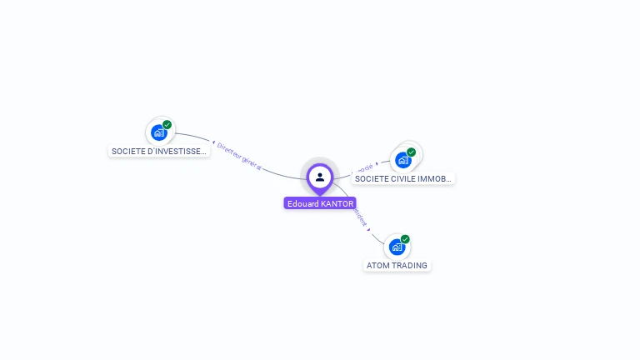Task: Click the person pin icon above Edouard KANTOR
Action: coord(320,177)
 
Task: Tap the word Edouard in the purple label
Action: coord(302,203)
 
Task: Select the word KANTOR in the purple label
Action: coord(337,203)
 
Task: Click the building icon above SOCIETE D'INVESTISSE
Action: coord(157,132)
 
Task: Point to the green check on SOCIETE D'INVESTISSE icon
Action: coord(167,125)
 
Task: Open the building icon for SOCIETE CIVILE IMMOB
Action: coord(403,159)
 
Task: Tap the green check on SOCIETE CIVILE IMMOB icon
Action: coord(412,152)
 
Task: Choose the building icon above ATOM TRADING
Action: coord(397,247)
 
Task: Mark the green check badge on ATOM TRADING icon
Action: coord(406,239)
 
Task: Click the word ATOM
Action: coord(377,266)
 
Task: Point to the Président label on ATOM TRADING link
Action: coord(359,217)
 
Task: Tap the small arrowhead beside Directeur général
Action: coord(214,142)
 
